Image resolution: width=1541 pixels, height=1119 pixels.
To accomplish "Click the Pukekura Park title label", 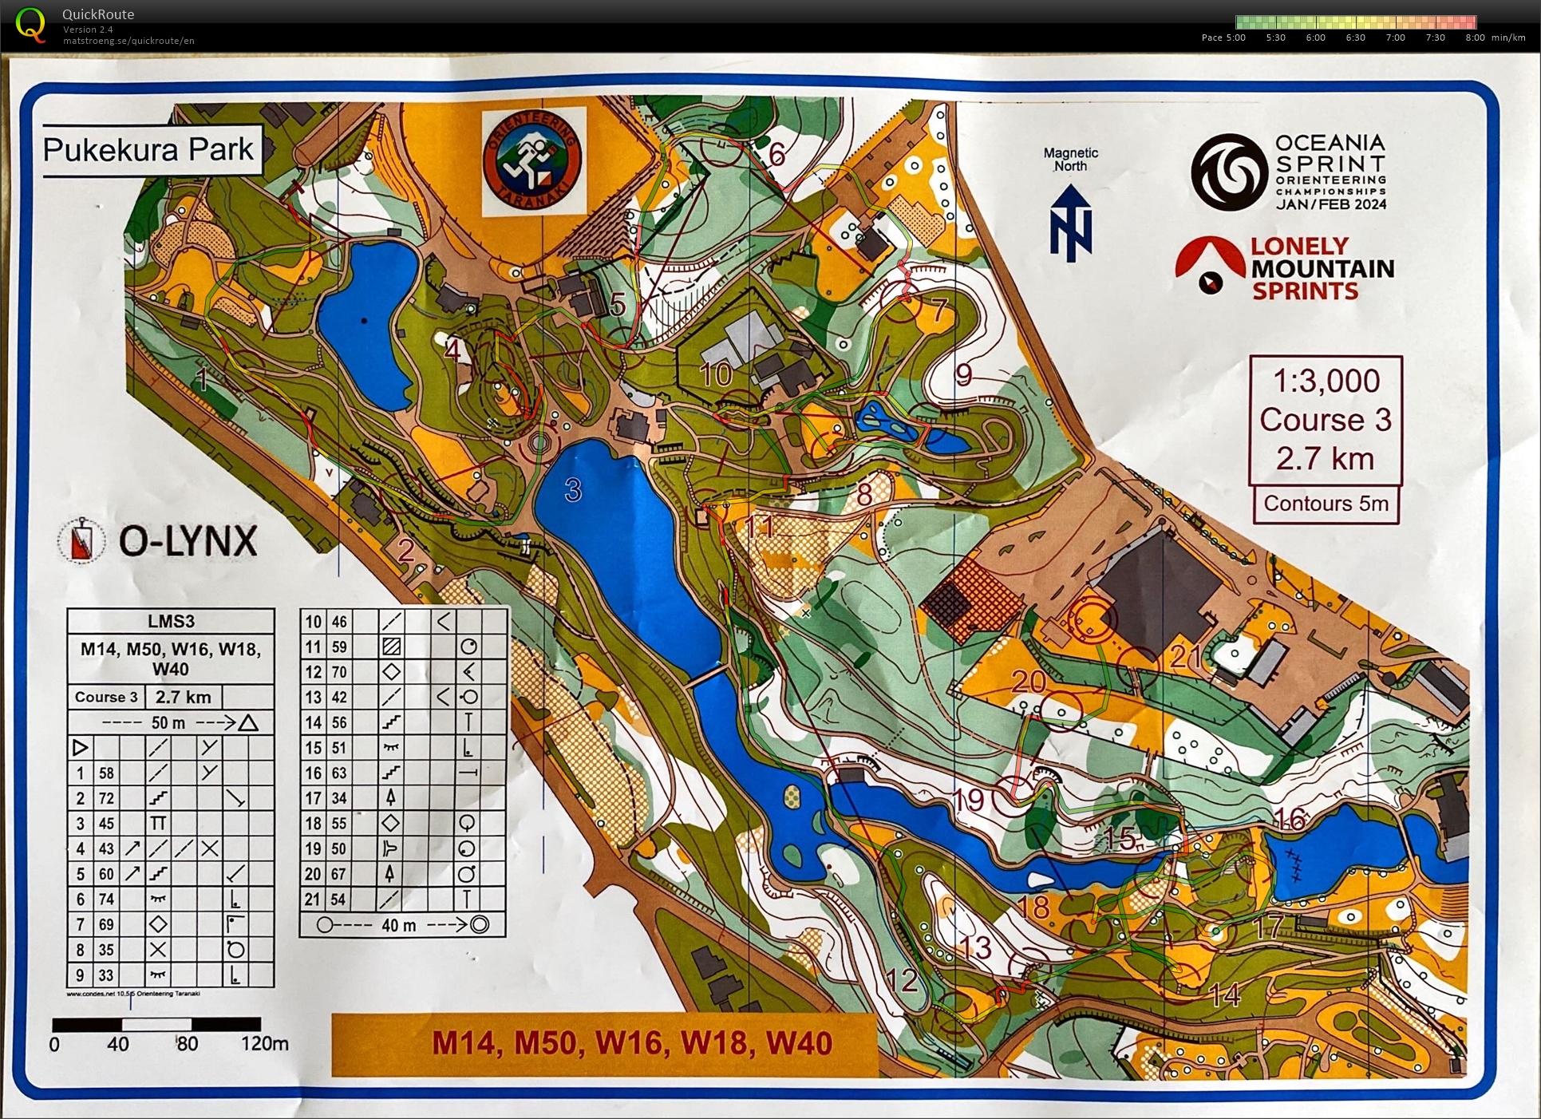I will pos(149,149).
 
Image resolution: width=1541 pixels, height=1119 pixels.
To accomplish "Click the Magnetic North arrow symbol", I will pos(1070,223).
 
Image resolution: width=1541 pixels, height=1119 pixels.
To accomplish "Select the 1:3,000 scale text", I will pos(1326,382).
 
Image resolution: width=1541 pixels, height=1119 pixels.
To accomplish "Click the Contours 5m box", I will pos(1326,504).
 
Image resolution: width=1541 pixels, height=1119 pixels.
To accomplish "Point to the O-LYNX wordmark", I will pos(188,541).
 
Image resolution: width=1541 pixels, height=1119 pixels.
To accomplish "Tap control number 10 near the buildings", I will pos(715,374).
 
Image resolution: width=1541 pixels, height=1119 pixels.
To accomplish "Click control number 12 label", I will pos(902,980).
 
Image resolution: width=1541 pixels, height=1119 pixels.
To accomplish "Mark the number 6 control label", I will pos(776,154).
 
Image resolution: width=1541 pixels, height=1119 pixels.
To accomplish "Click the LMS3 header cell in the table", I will pos(171,621).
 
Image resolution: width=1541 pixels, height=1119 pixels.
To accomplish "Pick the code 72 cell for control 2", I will pos(106,798).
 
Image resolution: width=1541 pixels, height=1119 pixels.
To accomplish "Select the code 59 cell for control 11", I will pos(339,646).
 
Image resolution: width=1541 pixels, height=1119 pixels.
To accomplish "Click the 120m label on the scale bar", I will pos(264,1043).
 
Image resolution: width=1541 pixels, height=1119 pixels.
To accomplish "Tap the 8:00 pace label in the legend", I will pos(1475,38).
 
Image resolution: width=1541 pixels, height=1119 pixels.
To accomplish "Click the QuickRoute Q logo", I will pos(31,24).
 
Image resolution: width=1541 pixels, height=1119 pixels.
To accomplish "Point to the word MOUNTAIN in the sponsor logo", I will pos(1322,269).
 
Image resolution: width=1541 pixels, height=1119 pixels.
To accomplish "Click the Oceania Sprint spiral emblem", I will pos(1229,172).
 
